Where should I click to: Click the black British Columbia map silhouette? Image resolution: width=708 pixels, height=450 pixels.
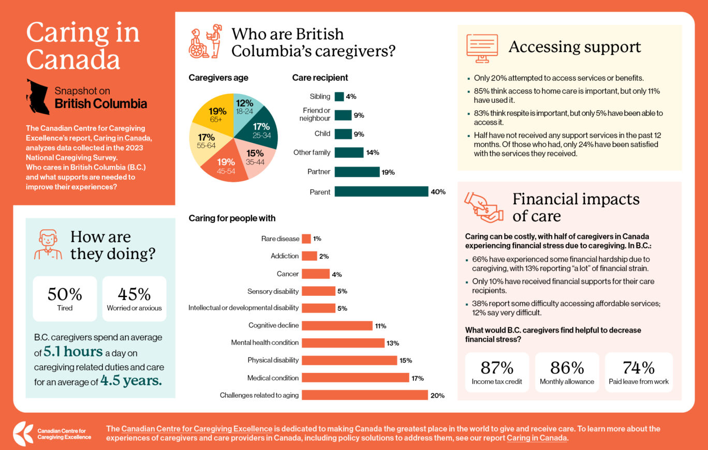coord(38,96)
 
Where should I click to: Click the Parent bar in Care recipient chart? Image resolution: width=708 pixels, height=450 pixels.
coord(381,192)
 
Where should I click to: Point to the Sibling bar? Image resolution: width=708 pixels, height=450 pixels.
coord(339,96)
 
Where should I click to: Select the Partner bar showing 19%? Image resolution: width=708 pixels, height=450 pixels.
coord(357,172)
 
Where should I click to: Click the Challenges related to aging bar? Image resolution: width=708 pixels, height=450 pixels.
coord(365,395)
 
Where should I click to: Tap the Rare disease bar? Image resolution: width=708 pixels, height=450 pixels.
coord(306,238)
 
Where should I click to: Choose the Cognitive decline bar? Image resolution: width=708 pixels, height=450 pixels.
coord(337,325)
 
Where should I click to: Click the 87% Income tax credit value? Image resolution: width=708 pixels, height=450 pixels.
coord(497,368)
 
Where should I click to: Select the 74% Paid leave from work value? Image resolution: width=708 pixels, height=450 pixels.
coord(639,368)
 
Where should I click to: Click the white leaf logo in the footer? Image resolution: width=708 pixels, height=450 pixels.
coord(23,433)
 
